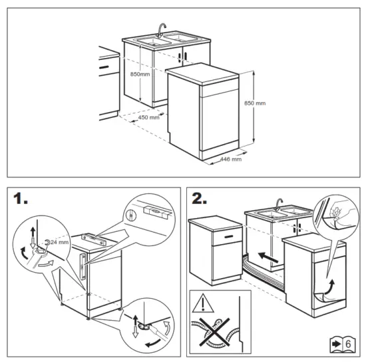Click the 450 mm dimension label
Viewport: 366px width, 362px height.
(x=148, y=117)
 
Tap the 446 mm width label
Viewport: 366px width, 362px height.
(x=230, y=160)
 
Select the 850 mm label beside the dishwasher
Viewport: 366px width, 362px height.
(x=255, y=103)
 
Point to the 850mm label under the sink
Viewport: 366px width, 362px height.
(x=140, y=75)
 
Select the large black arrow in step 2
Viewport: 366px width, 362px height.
(x=269, y=254)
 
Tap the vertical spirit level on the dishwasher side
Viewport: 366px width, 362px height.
(x=83, y=265)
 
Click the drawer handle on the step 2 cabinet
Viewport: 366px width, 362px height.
(x=227, y=236)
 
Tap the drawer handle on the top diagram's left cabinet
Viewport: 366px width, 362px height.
(x=104, y=68)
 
